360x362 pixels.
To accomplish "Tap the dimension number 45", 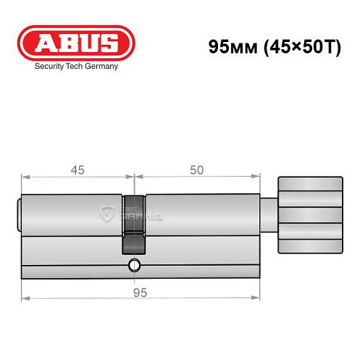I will click(x=77, y=170).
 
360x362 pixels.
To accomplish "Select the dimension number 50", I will click(x=196, y=170).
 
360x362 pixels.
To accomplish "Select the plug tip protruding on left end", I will click(x=20, y=214).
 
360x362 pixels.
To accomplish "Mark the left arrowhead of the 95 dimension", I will click(x=25, y=298).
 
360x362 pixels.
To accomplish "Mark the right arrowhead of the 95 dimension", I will click(x=256, y=298).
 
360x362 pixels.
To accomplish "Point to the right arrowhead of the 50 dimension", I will click(x=256, y=176).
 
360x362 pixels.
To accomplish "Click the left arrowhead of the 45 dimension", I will click(x=25, y=176).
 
